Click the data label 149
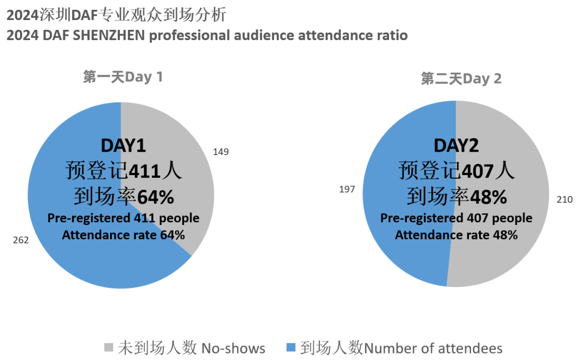pyautogui.click(x=221, y=152)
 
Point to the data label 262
pyautogui.click(x=21, y=240)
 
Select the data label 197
pyautogui.click(x=347, y=189)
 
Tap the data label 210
pyautogui.click(x=565, y=200)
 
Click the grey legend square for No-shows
pyautogui.click(x=109, y=347)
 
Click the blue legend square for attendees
pyautogui.click(x=291, y=347)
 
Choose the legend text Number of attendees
pyautogui.click(x=433, y=348)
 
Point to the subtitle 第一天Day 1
pyautogui.click(x=123, y=77)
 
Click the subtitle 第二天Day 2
pyautogui.click(x=461, y=79)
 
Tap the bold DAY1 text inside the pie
pyautogui.click(x=123, y=145)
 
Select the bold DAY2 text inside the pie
pyautogui.click(x=456, y=145)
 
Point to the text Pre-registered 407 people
pyautogui.click(x=456, y=218)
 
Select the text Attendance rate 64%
pyautogui.click(x=123, y=235)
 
